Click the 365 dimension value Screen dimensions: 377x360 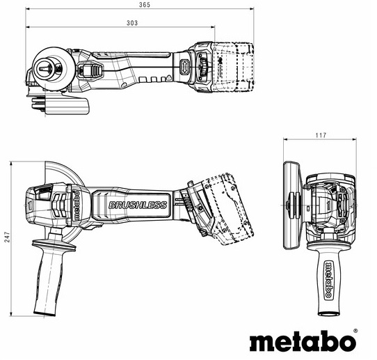pos(145,5)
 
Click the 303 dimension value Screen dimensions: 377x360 pos(132,23)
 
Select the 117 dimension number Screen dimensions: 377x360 pos(321,135)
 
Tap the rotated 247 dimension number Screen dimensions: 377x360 pos(7,237)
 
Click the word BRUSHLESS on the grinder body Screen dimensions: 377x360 pos(138,205)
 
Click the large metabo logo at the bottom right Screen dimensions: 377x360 pos(303,341)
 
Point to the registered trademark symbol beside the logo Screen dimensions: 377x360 pos(355,331)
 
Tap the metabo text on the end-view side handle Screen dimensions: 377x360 pos(328,280)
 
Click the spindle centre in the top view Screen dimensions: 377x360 pos(45,68)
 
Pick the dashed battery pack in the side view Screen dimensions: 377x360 pos(228,209)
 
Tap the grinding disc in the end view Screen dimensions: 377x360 pos(291,205)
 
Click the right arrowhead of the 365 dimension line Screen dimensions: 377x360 pos(252,9)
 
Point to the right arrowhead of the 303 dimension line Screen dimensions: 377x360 pos(213,27)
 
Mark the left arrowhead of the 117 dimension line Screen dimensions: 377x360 pos(286,139)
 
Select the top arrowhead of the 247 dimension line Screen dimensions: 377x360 pos(11,164)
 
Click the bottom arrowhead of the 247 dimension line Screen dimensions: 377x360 pos(11,314)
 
